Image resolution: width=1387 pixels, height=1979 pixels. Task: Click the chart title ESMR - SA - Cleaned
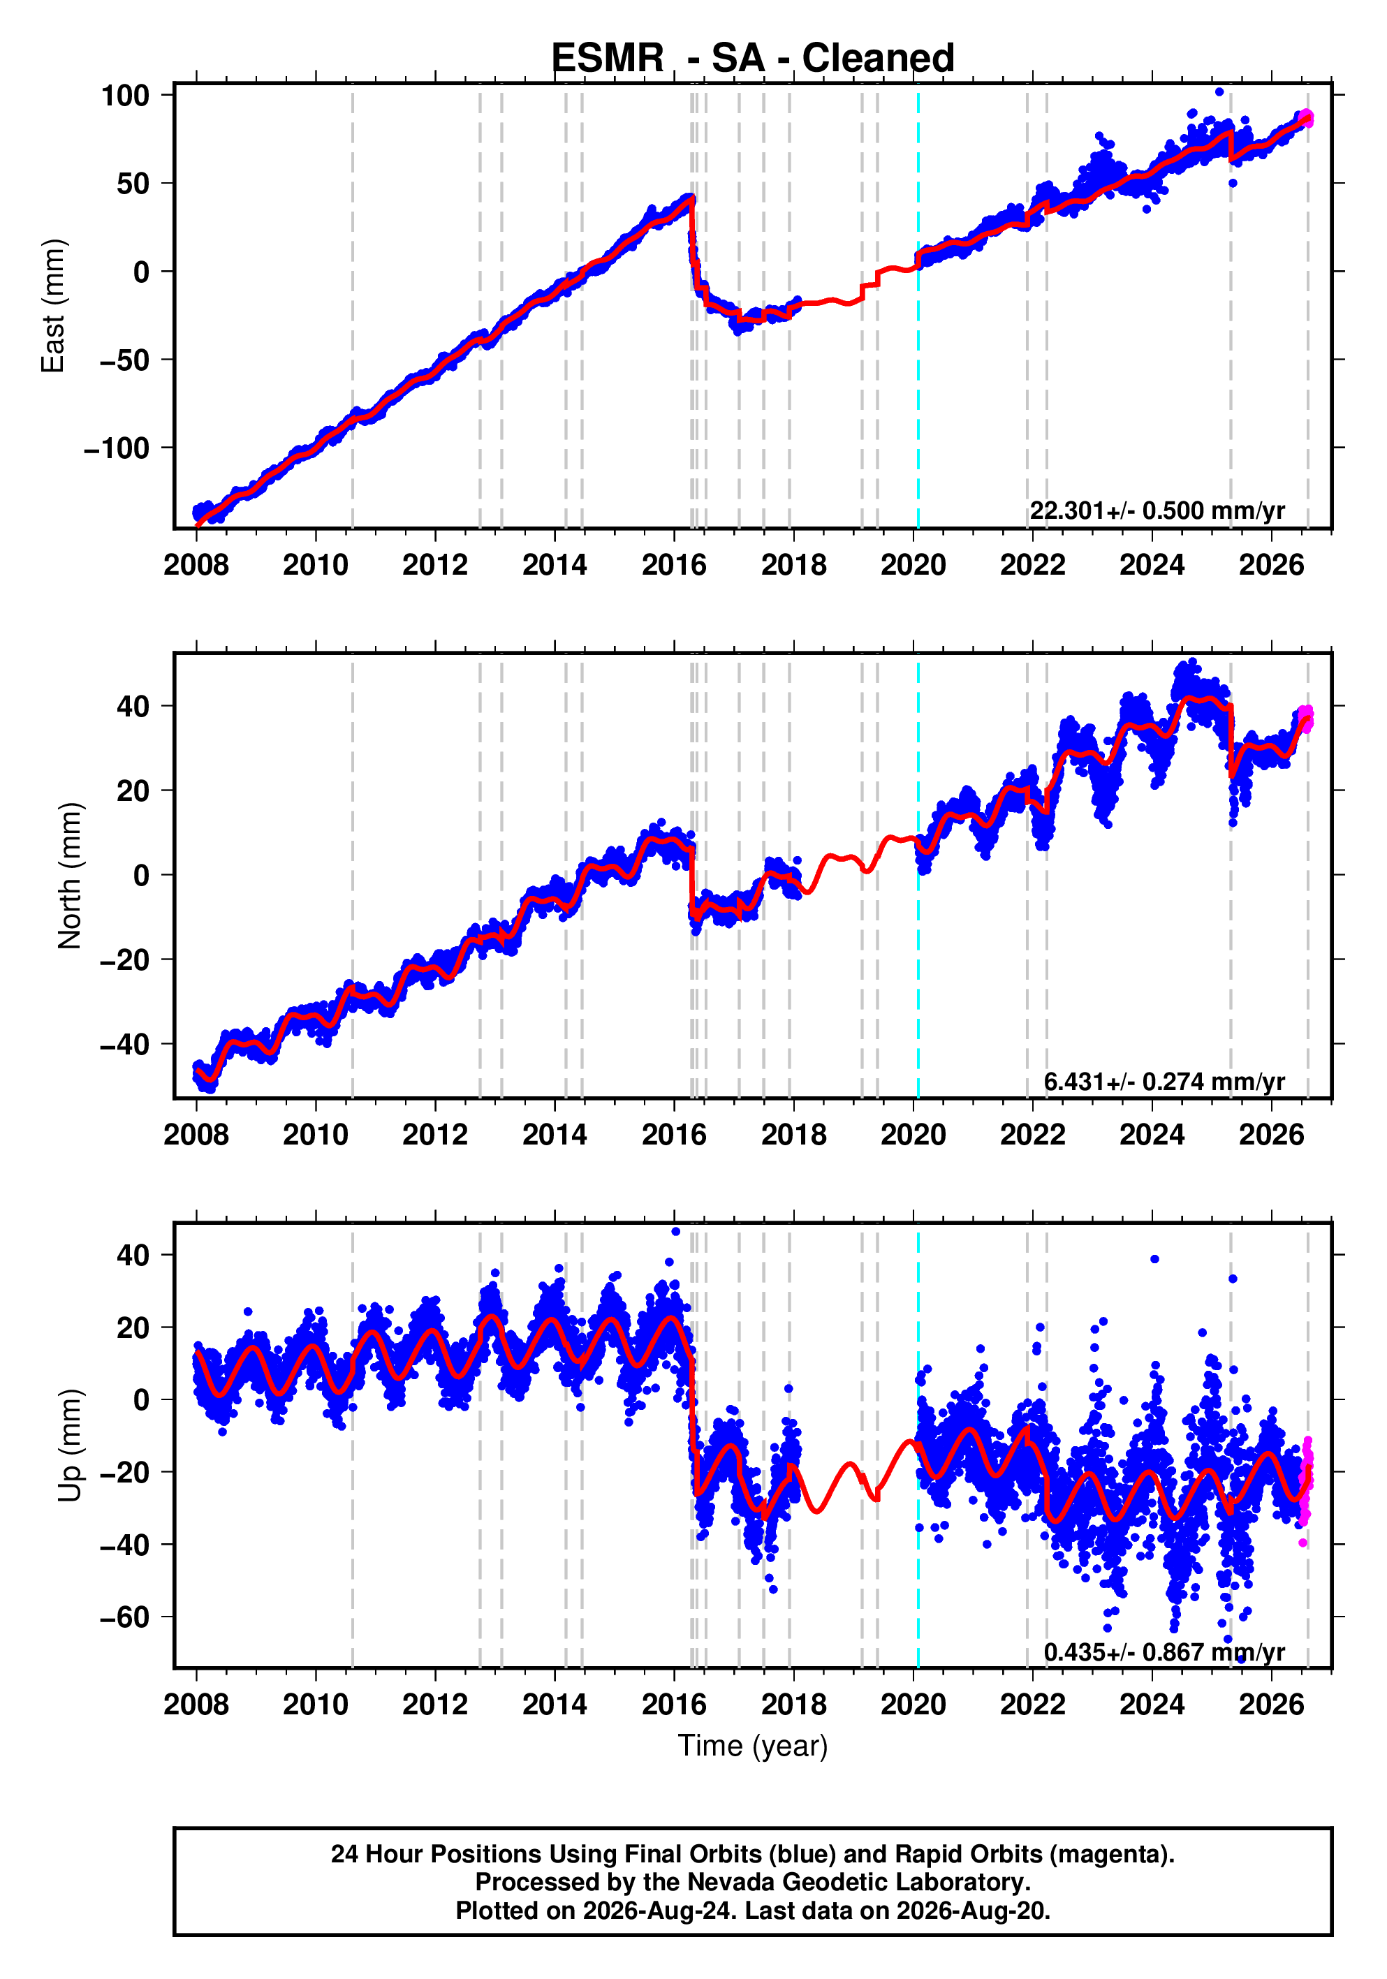[753, 59]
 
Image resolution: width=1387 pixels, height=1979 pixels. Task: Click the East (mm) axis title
[54, 306]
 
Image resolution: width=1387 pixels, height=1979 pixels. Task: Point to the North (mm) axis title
[70, 876]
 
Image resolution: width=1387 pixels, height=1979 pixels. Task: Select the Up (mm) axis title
[70, 1445]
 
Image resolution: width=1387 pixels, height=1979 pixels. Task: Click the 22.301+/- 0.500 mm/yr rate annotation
[1157, 511]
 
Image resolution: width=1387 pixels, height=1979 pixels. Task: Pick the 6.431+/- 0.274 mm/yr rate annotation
[1164, 1082]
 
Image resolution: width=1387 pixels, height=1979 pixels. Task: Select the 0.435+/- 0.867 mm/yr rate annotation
[1164, 1652]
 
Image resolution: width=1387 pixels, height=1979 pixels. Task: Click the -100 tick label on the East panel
[117, 448]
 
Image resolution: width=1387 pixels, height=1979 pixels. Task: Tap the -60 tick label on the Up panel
[125, 1618]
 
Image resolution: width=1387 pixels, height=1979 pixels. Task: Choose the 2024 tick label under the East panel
[1152, 566]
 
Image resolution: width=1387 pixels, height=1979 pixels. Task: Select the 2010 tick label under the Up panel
[316, 1705]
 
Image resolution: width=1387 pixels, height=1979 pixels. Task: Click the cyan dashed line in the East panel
[918, 306]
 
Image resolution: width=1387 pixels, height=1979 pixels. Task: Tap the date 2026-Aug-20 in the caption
[971, 1910]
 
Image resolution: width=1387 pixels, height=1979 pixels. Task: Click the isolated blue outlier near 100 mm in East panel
[1219, 91]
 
